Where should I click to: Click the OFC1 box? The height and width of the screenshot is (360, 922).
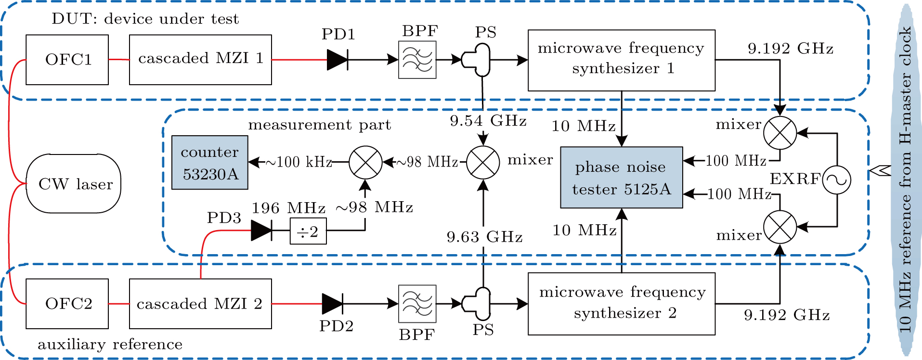[x=67, y=60]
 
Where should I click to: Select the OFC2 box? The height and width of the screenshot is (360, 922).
[x=67, y=304]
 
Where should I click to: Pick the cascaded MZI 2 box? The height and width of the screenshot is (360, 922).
[x=200, y=304]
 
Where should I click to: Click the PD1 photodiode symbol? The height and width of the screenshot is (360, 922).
[x=338, y=60]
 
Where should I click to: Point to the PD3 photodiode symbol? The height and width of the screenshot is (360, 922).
[x=261, y=231]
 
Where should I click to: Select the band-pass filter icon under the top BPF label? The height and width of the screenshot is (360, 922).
[x=417, y=60]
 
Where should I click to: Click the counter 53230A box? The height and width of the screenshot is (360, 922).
[x=210, y=163]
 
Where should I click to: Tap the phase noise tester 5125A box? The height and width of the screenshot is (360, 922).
[x=621, y=178]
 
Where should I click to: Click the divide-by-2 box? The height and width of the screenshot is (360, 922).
[x=308, y=231]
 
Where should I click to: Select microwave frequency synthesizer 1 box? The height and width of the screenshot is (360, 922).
[x=621, y=60]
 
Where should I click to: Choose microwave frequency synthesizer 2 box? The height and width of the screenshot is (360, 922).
[x=621, y=304]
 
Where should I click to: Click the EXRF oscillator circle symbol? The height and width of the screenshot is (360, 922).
[x=836, y=180]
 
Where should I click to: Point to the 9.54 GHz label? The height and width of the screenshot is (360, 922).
[x=488, y=120]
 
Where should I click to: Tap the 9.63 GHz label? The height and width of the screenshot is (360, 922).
[x=484, y=237]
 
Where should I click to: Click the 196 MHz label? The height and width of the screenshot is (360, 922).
[x=288, y=208]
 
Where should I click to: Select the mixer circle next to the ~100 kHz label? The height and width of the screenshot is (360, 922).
[x=365, y=163]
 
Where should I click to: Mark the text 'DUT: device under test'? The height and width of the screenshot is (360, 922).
[x=145, y=19]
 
